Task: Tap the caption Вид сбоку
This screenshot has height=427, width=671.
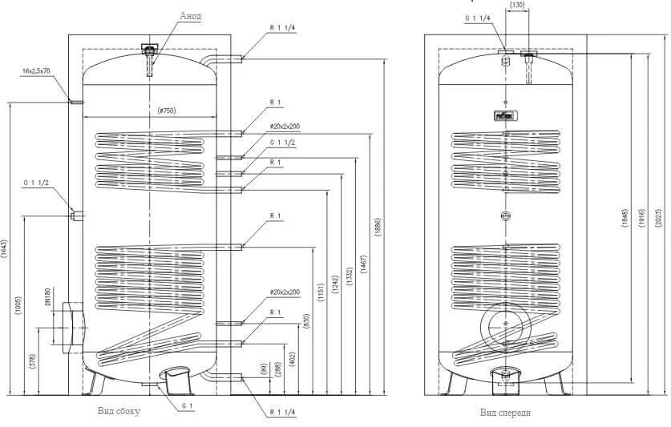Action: [x=119, y=411]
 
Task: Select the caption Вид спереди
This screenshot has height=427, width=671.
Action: [x=507, y=412]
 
